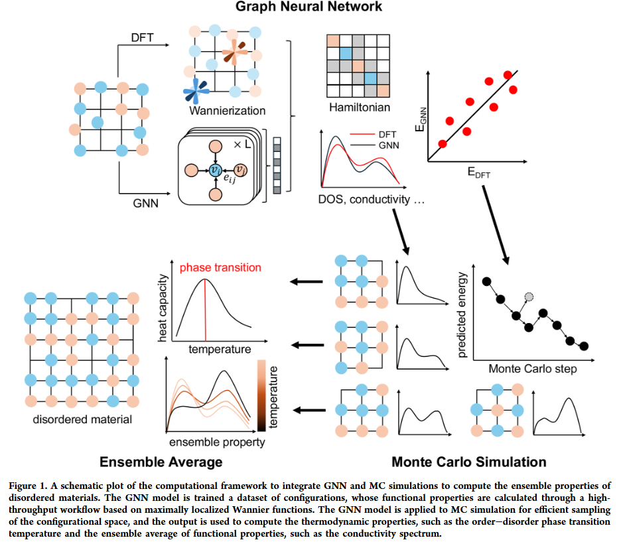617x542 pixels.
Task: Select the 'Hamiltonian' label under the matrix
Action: [360, 107]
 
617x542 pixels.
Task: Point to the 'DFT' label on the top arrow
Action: [143, 38]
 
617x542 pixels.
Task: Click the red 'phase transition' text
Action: [220, 268]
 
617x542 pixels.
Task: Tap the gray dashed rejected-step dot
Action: [529, 297]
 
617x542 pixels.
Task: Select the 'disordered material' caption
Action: [82, 419]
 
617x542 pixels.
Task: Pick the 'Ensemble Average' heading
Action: [161, 462]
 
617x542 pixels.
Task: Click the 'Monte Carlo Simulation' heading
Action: [469, 462]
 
